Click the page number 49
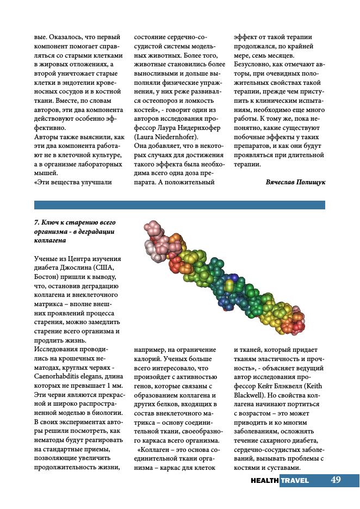pos(336,480)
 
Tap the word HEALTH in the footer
pos(265,481)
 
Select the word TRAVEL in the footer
pos(295,481)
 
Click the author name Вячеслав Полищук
pos(295,182)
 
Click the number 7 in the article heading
pos(36,222)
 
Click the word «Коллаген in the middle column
pos(158,450)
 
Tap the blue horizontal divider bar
pos(179,205)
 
